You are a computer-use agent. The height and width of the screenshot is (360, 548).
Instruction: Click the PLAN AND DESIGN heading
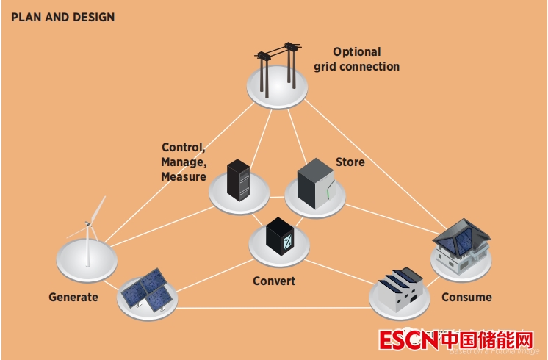point(62,17)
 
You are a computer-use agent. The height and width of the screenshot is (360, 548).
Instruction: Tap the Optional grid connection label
point(357,60)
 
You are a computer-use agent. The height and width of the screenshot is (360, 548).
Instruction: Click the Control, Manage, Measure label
point(183,162)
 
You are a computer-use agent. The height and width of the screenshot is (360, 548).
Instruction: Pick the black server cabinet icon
point(239,181)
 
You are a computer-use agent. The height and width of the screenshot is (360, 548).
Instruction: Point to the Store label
point(350,162)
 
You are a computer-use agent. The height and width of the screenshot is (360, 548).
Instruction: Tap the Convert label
point(273,281)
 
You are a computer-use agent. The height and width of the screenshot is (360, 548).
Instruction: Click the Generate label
point(73,298)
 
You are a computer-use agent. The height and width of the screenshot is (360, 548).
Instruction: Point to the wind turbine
point(90,231)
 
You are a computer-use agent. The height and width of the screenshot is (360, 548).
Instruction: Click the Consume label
point(466,298)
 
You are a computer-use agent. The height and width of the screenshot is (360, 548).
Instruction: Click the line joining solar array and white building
point(272,308)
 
